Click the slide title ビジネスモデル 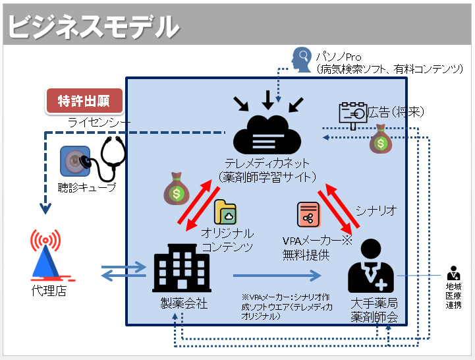(93, 27)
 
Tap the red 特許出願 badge (84, 101)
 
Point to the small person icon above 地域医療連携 (453, 272)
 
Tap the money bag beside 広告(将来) (381, 140)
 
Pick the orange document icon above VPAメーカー (308, 215)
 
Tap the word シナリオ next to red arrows (376, 210)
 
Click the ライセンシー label (99, 122)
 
